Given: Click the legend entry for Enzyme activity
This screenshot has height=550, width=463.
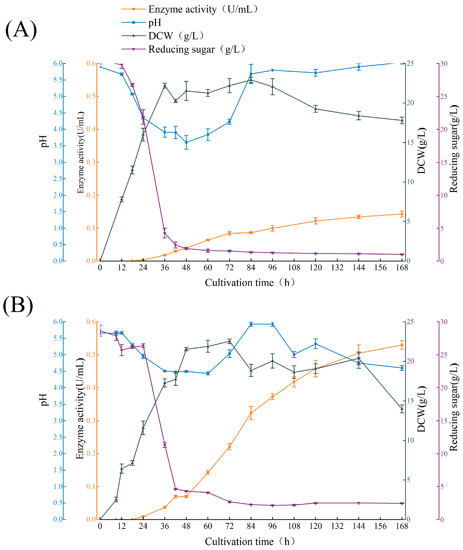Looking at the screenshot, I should click(x=189, y=9).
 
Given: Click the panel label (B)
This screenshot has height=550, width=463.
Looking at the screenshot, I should click(x=18, y=305).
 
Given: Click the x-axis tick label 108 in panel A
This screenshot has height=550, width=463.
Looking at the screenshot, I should click(x=294, y=268).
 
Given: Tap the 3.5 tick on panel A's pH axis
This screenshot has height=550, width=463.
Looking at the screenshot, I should click(x=58, y=146).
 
